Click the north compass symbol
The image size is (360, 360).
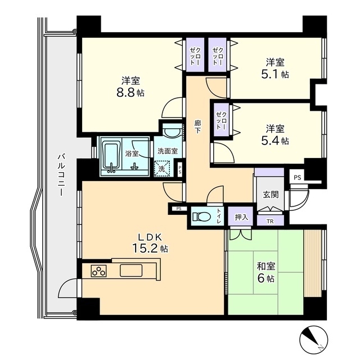314,339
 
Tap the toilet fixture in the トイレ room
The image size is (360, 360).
202,216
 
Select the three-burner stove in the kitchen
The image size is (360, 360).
99,271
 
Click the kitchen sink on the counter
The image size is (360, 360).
131,271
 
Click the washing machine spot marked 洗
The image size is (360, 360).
162,169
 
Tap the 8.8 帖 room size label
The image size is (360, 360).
130,93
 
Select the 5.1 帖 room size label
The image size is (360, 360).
275,74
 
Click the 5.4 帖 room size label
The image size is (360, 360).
275,141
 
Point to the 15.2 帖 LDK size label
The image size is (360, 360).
150,248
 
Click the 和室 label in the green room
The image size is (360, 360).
266,266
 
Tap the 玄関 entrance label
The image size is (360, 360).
271,195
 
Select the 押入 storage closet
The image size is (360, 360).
241,216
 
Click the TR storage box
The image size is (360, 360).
270,220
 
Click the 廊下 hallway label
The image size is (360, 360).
197,127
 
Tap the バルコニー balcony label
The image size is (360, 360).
61,175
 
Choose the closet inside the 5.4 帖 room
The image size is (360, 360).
221,120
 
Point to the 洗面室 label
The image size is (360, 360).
168,151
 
